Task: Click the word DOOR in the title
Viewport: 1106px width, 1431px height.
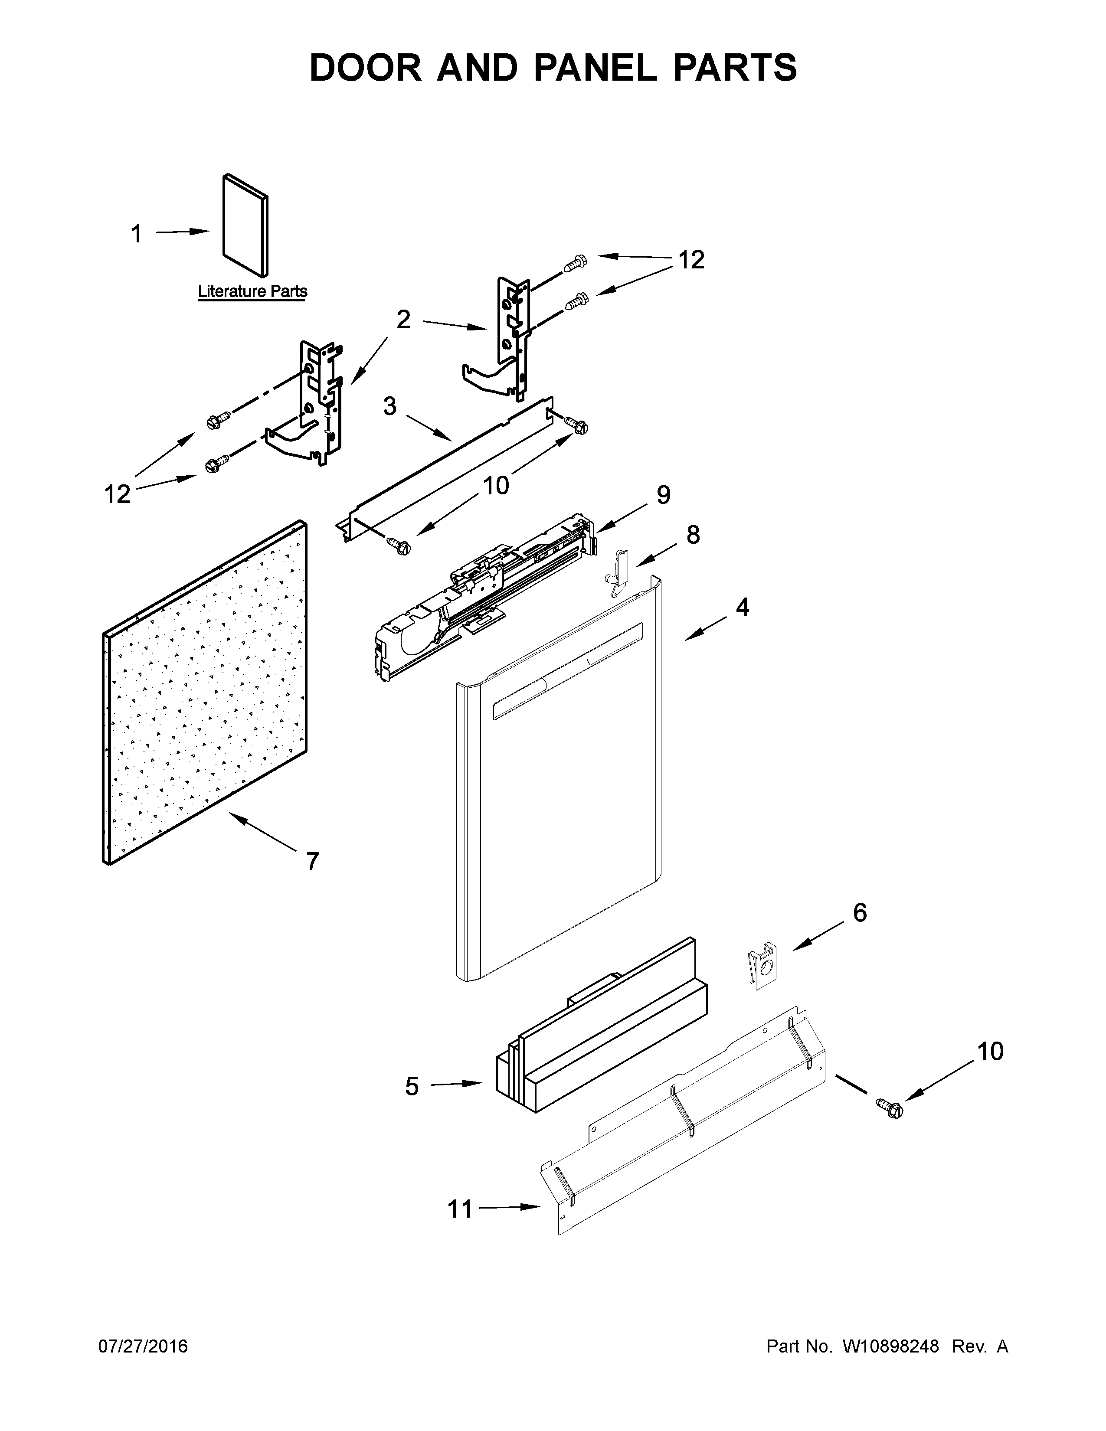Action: [x=366, y=68]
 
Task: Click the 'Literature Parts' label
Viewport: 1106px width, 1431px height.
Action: [x=252, y=291]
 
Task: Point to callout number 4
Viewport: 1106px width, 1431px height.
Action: [x=742, y=608]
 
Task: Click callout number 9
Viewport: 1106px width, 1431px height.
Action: [x=663, y=495]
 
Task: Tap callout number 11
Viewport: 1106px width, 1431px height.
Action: [x=459, y=1209]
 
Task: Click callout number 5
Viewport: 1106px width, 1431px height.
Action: [x=412, y=1086]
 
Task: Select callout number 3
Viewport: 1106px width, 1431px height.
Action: [x=390, y=406]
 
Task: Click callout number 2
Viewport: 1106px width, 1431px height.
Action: [x=403, y=320]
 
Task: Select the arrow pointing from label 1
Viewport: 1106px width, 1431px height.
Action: [x=182, y=232]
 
